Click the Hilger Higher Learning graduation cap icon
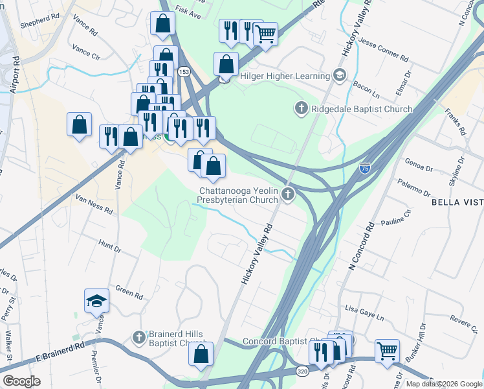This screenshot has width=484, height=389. click(x=338, y=76)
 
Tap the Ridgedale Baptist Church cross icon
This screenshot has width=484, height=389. click(x=301, y=108)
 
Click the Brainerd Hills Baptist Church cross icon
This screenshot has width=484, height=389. click(x=138, y=337)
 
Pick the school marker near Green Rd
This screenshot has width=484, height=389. click(x=96, y=300)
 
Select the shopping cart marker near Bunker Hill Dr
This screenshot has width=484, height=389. click(x=387, y=351)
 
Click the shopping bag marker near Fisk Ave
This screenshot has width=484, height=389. click(x=162, y=23)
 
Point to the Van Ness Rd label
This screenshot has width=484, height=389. click(x=94, y=205)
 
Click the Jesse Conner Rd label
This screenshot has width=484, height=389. click(x=384, y=50)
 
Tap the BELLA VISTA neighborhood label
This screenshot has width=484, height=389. click(x=457, y=203)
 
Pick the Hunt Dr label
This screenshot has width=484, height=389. click(x=109, y=246)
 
